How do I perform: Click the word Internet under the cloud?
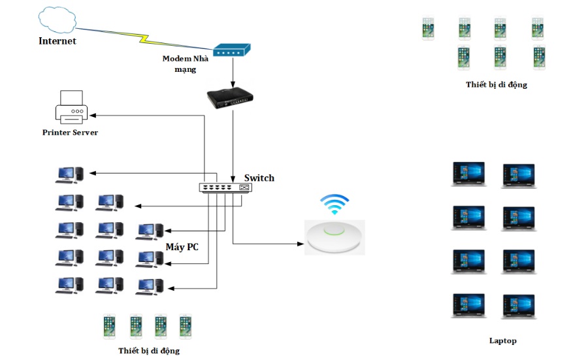click(57, 41)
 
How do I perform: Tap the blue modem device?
click(232, 50)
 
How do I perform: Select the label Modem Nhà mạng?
click(186, 63)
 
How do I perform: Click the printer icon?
click(71, 107)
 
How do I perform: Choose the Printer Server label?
click(70, 133)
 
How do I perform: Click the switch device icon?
click(225, 188)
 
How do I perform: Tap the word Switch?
click(259, 178)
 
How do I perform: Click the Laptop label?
click(502, 340)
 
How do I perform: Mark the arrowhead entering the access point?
click(301, 244)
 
